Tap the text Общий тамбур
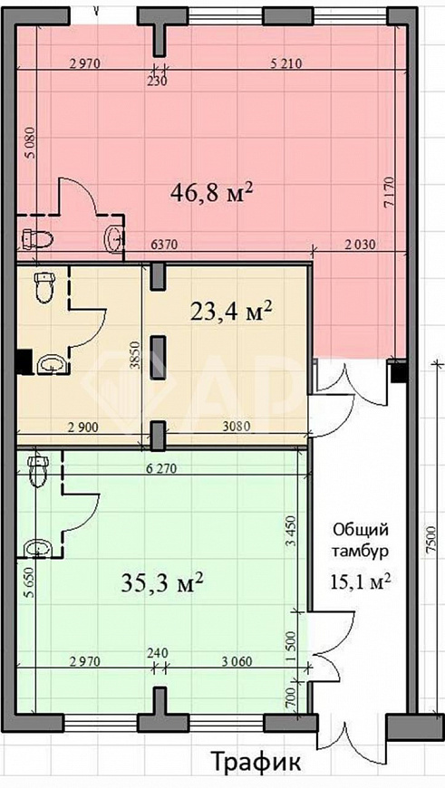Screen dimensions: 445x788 click(x=361, y=540)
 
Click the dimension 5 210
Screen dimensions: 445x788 click(x=285, y=63)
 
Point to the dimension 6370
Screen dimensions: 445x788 click(x=164, y=245)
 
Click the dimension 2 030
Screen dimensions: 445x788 click(x=360, y=245)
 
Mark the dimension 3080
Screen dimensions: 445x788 click(x=237, y=428)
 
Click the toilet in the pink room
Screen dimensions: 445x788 click(x=38, y=239)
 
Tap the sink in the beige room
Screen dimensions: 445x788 click(x=50, y=364)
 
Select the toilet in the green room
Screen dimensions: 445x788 click(x=37, y=470)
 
